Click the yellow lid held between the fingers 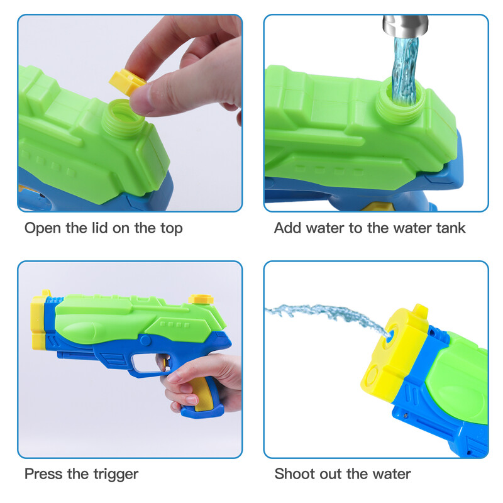click(128, 82)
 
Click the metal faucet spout click(405, 26)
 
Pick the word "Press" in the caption click(43, 474)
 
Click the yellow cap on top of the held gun click(201, 299)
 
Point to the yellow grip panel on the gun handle click(202, 394)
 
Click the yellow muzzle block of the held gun click(38, 321)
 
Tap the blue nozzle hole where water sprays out click(389, 338)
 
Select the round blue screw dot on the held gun click(145, 340)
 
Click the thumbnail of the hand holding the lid click(140, 99)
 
